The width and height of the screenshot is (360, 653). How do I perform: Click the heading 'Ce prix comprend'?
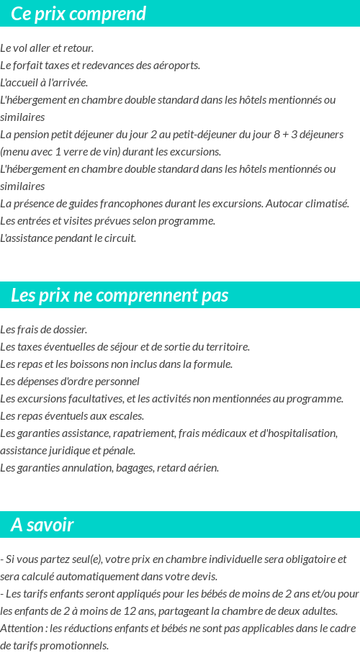click(x=78, y=14)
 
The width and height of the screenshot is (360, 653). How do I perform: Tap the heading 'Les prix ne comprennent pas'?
click(x=120, y=295)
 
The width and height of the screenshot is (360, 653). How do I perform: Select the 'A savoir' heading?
click(x=42, y=525)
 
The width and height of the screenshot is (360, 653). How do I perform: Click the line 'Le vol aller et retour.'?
click(x=47, y=48)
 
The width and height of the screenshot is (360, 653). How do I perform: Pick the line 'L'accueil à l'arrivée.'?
click(x=44, y=83)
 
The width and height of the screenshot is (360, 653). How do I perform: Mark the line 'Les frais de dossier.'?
click(x=43, y=330)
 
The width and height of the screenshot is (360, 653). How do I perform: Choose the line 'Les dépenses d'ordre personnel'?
click(x=70, y=382)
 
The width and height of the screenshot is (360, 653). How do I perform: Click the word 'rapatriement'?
click(x=141, y=433)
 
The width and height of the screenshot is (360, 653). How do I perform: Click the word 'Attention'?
click(x=21, y=628)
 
